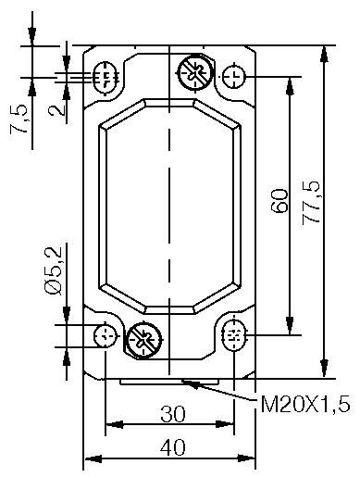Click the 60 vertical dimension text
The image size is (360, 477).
pos(280,201)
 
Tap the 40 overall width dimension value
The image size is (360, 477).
pos(171,447)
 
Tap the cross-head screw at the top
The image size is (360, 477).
pos(194,71)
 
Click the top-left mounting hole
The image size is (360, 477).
pos(106,77)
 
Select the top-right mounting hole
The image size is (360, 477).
pos(235,75)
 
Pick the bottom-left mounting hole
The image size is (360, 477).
pos(107,334)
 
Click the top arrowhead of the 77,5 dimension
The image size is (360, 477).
pos(324,52)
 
